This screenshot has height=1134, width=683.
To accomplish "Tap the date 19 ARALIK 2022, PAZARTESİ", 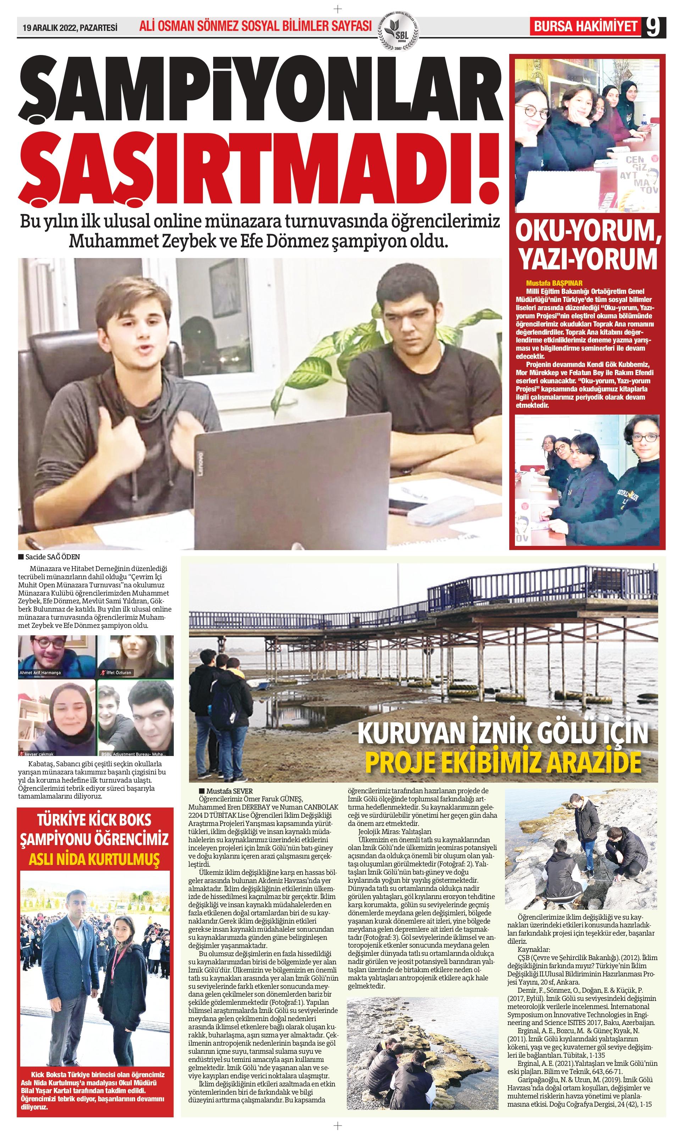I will [x=70, y=28].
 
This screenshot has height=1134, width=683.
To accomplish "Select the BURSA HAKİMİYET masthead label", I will [x=585, y=26].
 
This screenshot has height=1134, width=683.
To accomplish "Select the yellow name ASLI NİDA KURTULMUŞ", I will [x=95, y=859].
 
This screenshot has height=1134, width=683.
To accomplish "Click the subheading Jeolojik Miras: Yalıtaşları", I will [x=395, y=832].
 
